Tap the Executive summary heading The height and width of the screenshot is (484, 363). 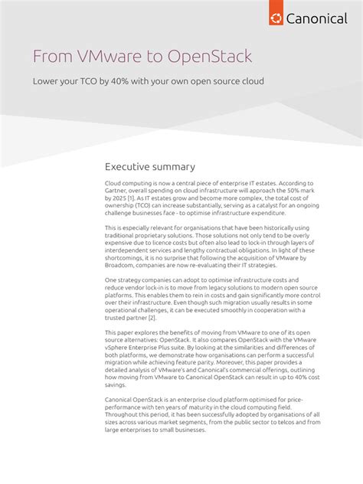(149, 167)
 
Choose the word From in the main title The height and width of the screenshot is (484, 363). (47, 57)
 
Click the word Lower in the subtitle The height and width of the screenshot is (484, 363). (44, 81)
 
